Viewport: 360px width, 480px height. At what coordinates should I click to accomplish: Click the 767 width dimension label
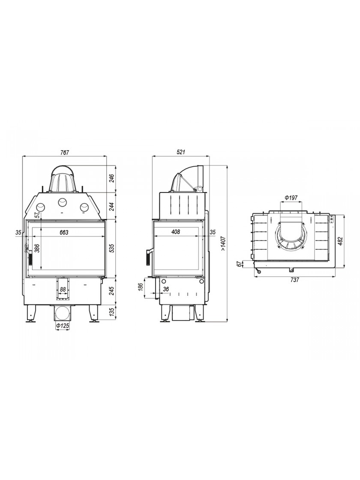65,152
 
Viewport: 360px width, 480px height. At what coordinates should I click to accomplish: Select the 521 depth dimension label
181,152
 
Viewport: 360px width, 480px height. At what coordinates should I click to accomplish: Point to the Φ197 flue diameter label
291,198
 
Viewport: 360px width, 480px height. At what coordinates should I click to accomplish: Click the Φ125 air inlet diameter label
62,326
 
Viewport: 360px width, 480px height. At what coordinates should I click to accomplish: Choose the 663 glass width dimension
64,233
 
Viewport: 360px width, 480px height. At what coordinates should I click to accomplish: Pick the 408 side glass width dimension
175,232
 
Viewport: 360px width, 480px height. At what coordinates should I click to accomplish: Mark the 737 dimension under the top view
294,280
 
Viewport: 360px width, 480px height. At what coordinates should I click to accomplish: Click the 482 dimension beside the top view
340,241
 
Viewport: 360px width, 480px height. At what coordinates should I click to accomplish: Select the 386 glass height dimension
37,248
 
